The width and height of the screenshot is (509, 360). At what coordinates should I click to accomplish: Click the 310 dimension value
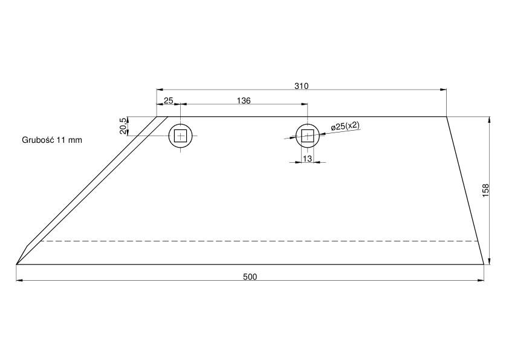[301, 86]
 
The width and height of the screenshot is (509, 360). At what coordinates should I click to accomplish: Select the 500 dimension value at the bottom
[250, 277]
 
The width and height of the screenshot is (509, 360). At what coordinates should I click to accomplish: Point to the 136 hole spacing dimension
[243, 100]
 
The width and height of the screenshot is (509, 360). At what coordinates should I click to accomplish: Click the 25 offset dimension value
[169, 100]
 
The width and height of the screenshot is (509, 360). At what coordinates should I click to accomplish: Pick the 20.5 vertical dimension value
[123, 126]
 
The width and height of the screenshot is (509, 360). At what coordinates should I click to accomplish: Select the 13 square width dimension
[307, 159]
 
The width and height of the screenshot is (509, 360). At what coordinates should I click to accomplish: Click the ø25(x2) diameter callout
[345, 126]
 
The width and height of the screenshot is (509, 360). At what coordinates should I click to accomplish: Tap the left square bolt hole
[181, 136]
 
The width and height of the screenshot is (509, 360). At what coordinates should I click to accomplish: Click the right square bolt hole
[308, 136]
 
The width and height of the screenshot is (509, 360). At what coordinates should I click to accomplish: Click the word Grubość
[38, 140]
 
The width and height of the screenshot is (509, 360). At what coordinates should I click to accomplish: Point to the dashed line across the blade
[260, 241]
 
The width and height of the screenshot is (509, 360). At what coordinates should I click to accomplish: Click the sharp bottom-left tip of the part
[17, 264]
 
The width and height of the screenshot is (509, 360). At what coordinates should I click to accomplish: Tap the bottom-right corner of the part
[484, 264]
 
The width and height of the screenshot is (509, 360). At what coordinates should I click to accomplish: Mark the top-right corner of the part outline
[446, 117]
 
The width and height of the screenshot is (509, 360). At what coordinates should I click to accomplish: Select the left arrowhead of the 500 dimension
[20, 280]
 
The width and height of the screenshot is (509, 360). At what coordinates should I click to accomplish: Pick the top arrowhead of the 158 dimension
[488, 120]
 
